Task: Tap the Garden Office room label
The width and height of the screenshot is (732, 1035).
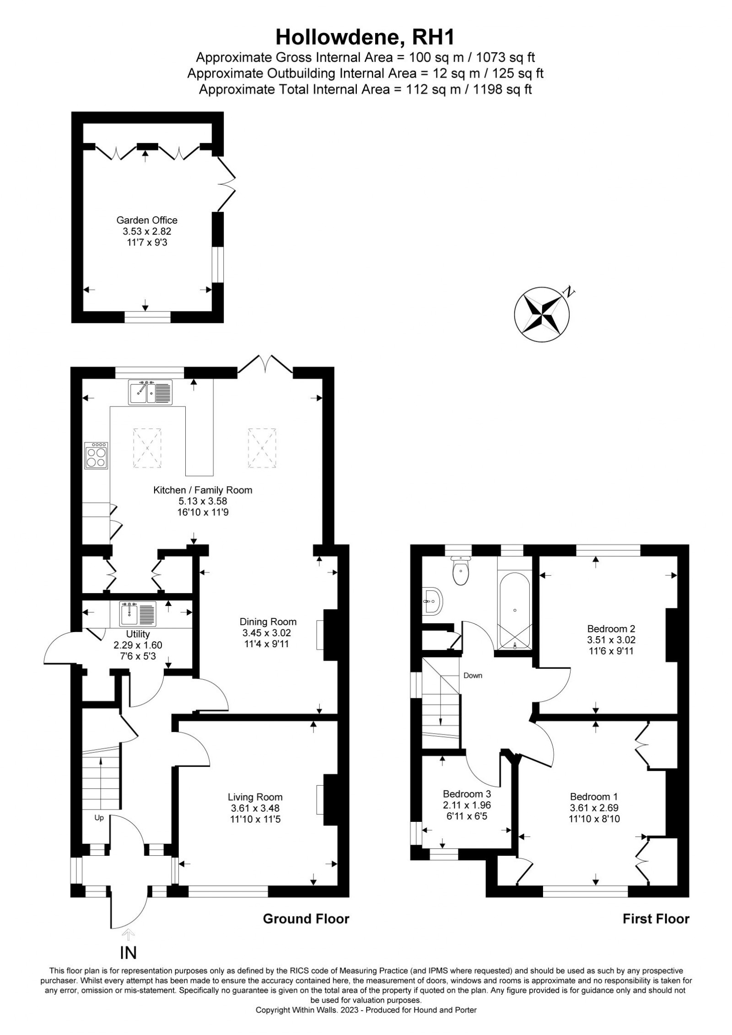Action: click(147, 220)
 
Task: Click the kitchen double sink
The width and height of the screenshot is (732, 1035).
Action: click(151, 392)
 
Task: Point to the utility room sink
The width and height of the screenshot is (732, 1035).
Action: click(138, 614)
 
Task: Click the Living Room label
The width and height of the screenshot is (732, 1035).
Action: click(256, 796)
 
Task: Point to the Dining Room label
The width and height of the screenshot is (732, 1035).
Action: click(268, 622)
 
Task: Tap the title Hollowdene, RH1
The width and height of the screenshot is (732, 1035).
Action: click(365, 38)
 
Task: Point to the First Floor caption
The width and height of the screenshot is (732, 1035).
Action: click(656, 919)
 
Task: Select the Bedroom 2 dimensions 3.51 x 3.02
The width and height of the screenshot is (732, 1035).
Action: click(611, 640)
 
